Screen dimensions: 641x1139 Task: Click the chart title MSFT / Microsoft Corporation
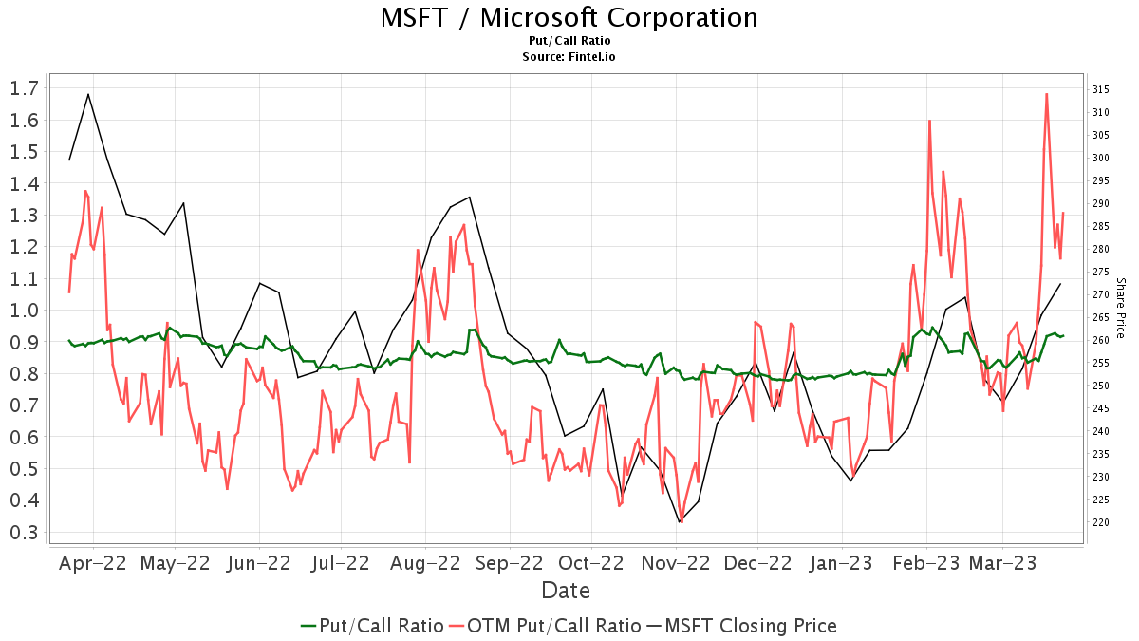coord(569,18)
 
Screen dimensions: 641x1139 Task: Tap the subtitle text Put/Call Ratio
coord(569,41)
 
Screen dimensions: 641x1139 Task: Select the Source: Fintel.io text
coord(569,57)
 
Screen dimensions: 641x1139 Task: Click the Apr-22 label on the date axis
coord(93,562)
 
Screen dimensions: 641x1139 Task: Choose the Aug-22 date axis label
coord(426,562)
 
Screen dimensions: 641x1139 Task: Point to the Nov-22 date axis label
coord(676,562)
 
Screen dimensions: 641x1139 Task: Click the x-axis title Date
coord(566,591)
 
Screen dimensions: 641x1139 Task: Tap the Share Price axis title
coord(1120,308)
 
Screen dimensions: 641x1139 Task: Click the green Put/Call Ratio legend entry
coord(372,625)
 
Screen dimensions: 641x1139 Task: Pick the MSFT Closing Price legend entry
coord(741,625)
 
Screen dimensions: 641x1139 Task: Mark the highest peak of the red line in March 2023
coord(1046,93)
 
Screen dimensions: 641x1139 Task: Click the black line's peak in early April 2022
coord(88,94)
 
